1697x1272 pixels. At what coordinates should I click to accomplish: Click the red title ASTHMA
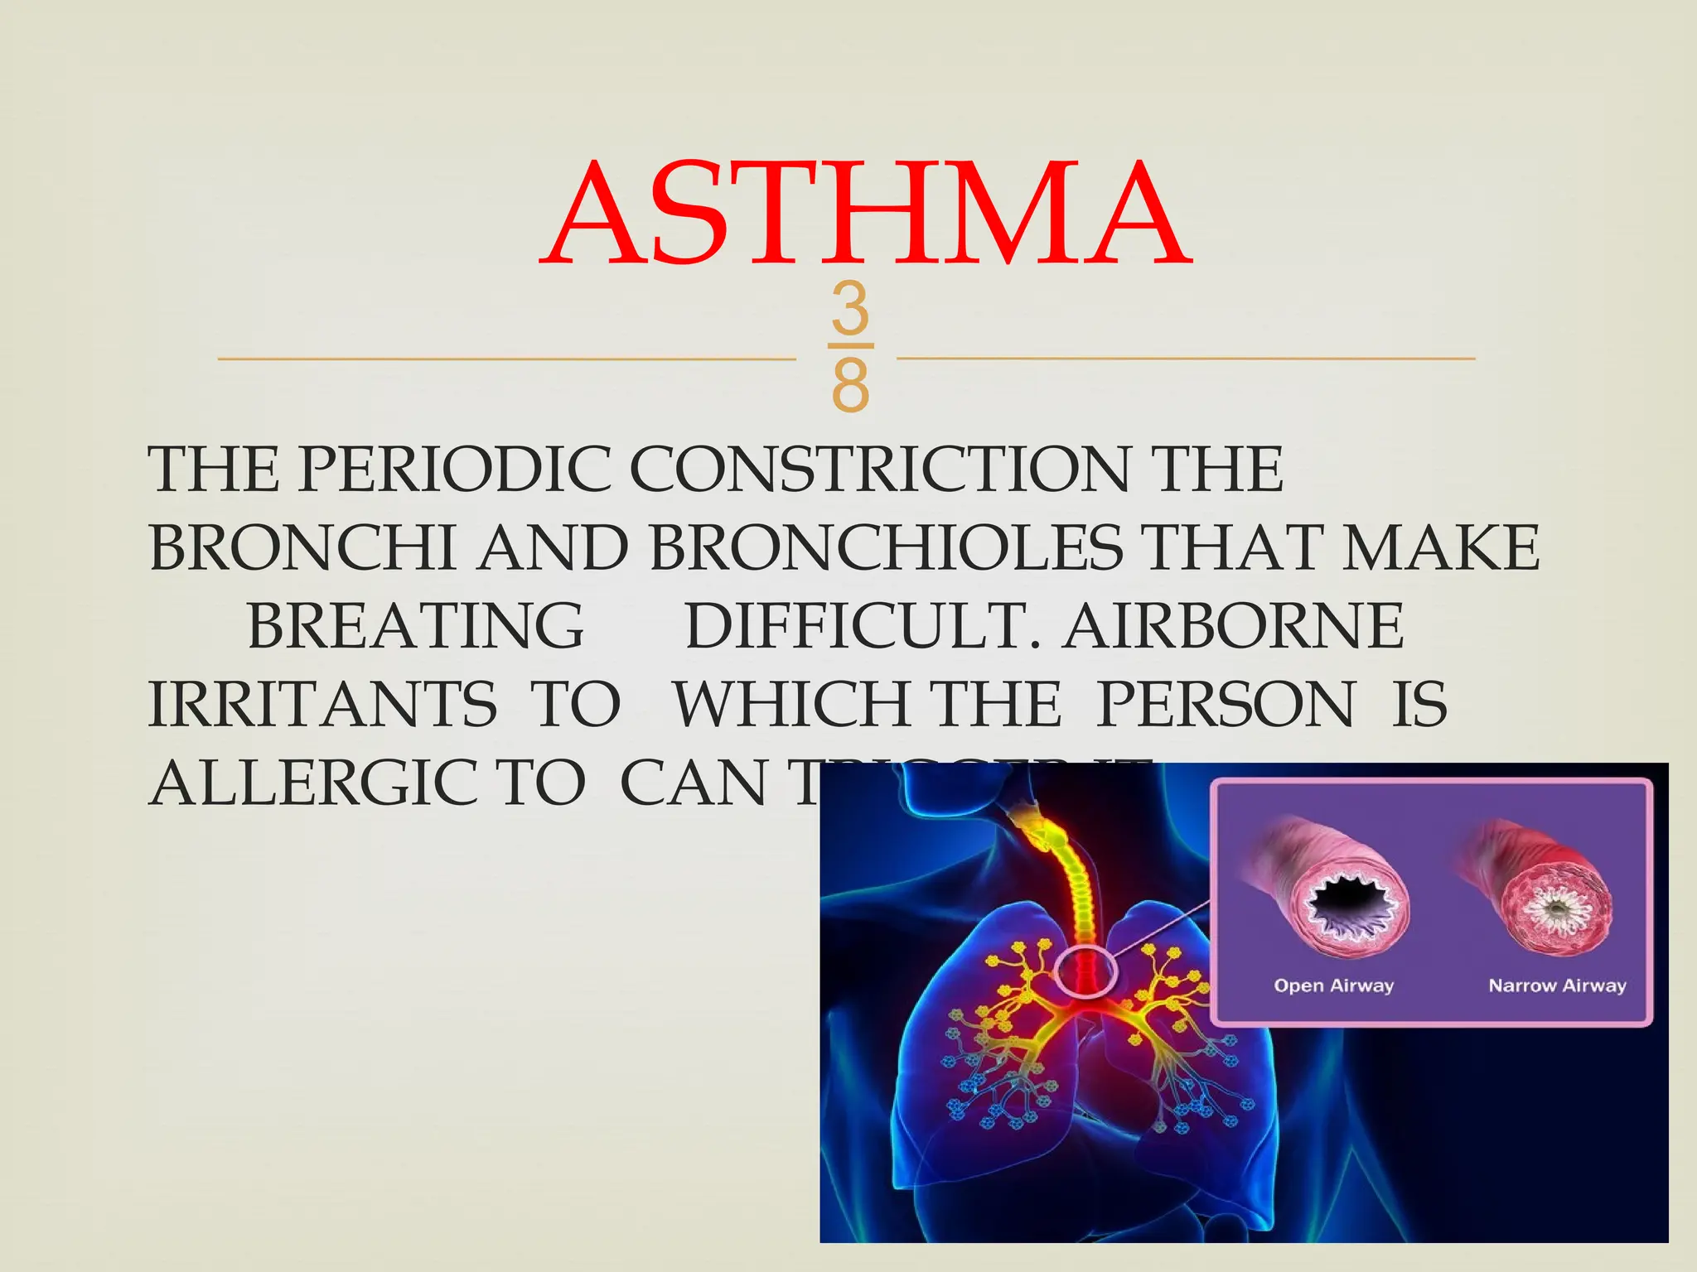865,215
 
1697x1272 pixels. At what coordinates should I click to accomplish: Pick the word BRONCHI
302,548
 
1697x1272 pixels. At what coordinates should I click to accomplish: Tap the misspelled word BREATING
415,626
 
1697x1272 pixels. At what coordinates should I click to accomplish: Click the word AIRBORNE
1235,626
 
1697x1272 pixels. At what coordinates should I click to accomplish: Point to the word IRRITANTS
322,705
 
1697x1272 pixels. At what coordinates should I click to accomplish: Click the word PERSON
1227,705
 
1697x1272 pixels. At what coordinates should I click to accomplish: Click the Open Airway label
1333,985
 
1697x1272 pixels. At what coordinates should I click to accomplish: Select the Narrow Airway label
1557,985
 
